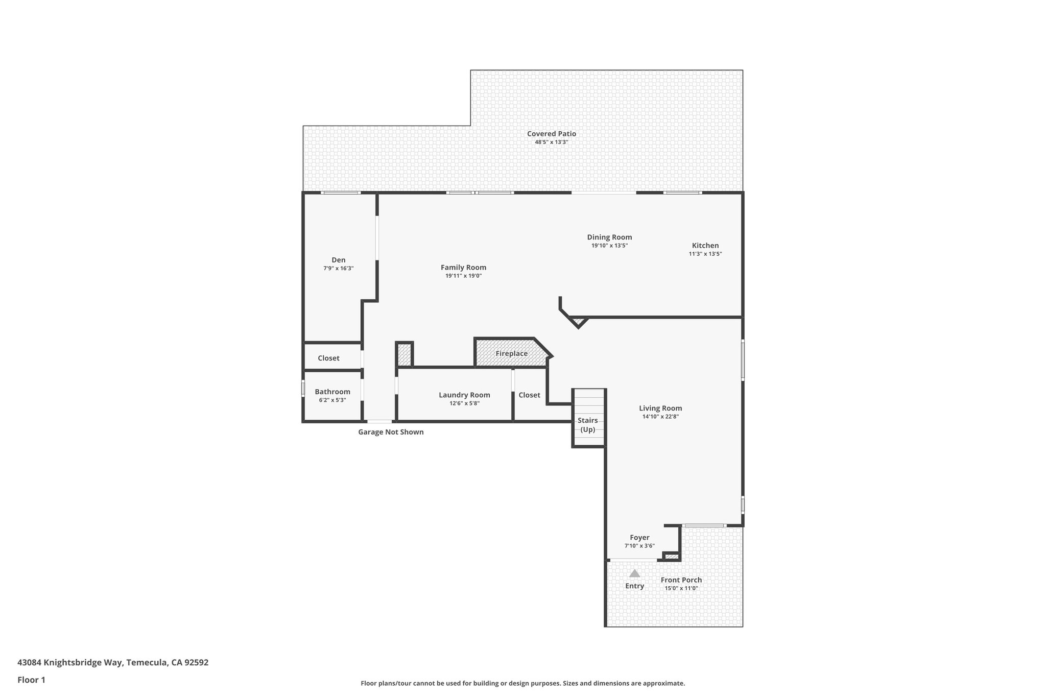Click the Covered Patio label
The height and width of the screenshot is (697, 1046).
[551, 134]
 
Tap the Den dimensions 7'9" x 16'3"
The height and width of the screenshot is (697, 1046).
[338, 268]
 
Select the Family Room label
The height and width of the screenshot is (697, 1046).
[463, 267]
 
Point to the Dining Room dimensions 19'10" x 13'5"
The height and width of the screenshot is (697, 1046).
[609, 246]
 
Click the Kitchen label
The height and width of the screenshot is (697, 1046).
[705, 245]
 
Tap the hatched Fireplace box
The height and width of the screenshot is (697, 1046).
[511, 353]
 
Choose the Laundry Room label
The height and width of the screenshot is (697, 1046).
[464, 395]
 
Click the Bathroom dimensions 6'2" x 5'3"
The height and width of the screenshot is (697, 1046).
[332, 400]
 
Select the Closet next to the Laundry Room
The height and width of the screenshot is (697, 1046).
[529, 395]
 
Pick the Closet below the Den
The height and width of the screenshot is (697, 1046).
[328, 358]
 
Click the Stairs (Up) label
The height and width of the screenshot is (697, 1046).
[587, 425]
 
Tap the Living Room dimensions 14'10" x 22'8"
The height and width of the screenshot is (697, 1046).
[660, 417]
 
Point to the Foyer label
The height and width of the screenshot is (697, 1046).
[639, 537]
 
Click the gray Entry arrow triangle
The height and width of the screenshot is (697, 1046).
[634, 573]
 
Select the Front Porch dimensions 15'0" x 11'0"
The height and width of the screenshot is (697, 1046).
[681, 588]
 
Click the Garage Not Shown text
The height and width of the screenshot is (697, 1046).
[391, 432]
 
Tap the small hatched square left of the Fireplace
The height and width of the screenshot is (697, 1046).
[404, 354]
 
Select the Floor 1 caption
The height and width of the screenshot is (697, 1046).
[31, 680]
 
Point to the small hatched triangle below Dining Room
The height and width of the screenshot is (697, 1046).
[579, 321]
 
